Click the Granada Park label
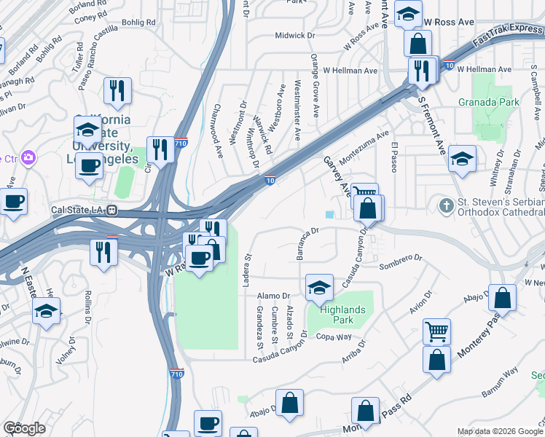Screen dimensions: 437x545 point(489,102)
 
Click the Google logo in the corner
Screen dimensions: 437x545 point(24,428)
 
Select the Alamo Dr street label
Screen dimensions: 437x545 point(275,296)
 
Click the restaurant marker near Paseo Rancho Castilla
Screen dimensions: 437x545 point(117,90)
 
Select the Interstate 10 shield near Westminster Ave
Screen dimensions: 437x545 point(270,180)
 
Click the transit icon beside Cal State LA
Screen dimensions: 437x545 point(112,210)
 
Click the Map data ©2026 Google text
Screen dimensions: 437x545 point(500,431)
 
